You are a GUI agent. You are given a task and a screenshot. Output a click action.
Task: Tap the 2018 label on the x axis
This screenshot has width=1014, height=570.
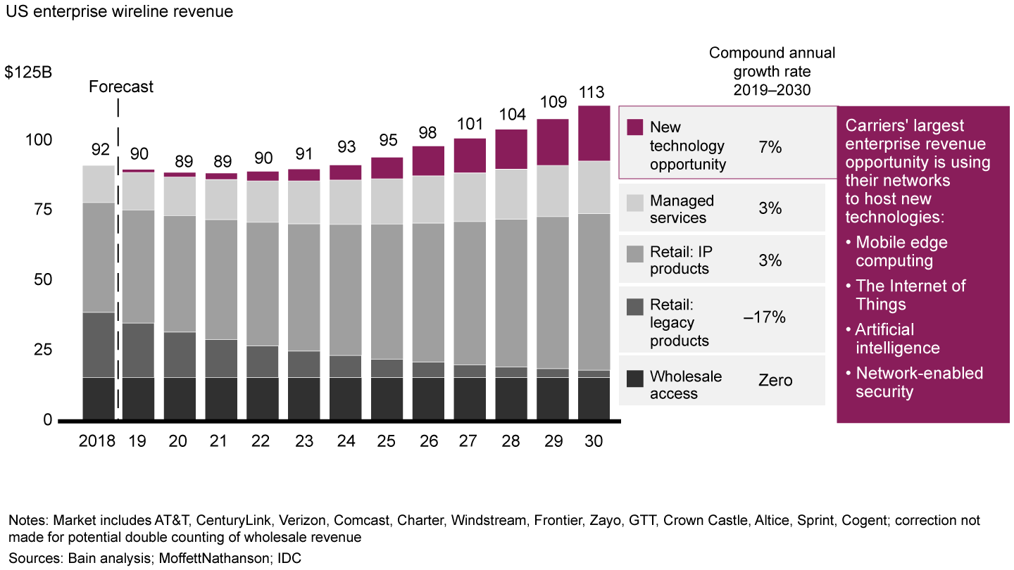[97, 441]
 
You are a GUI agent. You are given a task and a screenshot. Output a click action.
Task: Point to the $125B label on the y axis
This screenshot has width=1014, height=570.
[28, 74]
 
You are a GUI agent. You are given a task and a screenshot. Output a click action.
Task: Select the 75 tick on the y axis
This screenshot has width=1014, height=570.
[43, 210]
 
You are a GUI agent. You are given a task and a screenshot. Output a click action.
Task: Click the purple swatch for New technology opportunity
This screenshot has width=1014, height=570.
[634, 127]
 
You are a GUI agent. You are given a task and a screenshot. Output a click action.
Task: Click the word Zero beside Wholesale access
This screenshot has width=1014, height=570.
[775, 381]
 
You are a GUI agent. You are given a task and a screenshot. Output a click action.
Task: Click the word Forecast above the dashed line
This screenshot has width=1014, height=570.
[121, 87]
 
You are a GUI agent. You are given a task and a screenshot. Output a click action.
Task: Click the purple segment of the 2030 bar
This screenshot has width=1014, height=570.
[594, 133]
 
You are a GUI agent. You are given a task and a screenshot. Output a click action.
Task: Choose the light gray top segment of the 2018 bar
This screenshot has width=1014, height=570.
[97, 184]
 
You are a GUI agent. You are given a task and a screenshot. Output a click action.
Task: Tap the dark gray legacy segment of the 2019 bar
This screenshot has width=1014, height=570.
[139, 350]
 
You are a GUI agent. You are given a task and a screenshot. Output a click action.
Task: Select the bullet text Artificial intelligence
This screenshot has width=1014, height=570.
[897, 338]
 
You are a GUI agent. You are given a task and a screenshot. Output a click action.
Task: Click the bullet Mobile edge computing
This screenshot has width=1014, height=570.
[901, 251]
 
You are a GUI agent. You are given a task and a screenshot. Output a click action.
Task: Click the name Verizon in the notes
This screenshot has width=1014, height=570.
[303, 521]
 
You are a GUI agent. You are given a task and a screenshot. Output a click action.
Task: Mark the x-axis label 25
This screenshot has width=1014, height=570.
[387, 441]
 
